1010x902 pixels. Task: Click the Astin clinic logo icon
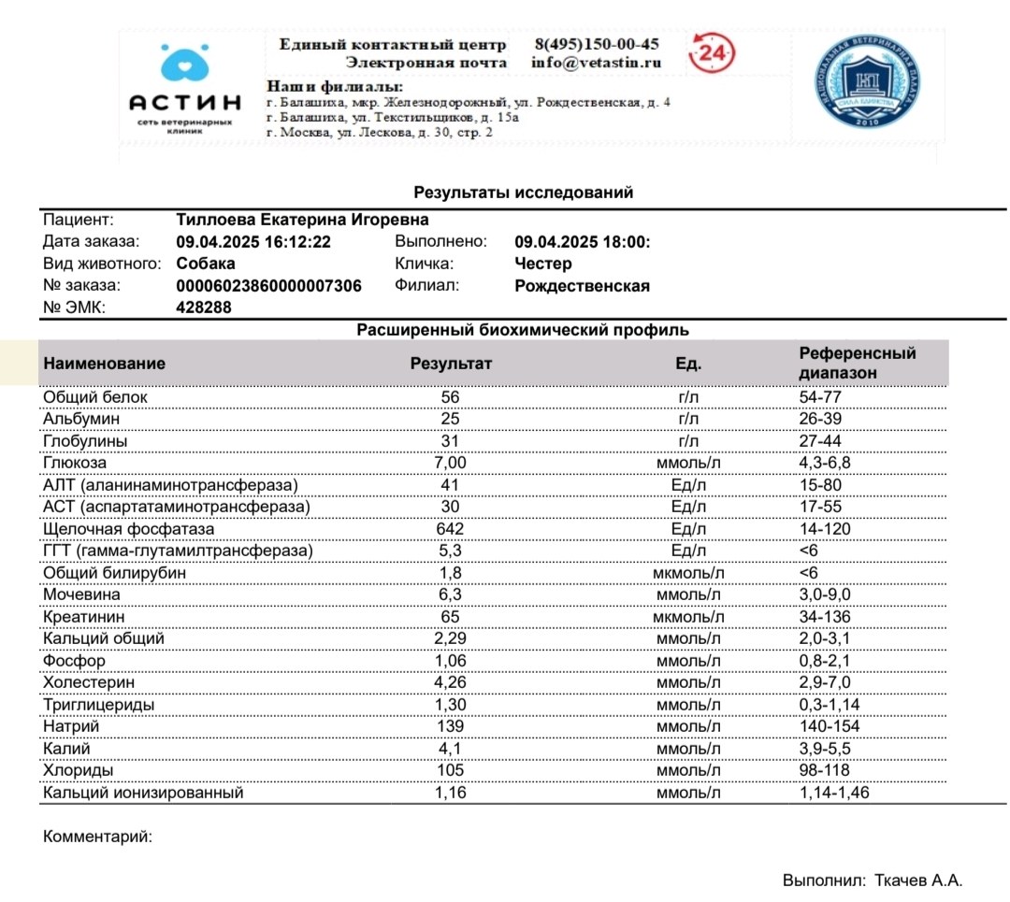coord(184,64)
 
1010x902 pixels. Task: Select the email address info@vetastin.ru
coord(596,63)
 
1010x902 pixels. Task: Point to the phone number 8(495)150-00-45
coord(596,44)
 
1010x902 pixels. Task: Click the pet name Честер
coord(542,264)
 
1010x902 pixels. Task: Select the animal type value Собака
coord(206,264)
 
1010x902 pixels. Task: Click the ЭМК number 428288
coord(204,308)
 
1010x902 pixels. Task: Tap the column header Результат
coord(451,364)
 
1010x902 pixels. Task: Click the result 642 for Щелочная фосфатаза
coord(450,529)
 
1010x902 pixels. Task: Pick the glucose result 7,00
coord(450,463)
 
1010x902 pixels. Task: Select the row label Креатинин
coord(84,617)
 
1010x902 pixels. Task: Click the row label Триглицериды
coord(98,705)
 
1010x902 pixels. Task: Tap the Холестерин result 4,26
coord(450,682)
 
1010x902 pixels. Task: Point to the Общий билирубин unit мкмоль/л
coord(688,573)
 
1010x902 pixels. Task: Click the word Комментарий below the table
coord(97,837)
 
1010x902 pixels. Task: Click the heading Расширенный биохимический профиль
coord(523,330)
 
